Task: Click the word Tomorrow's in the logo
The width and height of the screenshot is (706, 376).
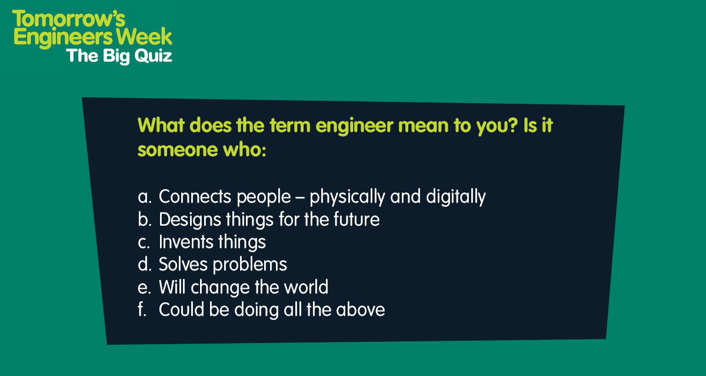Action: coord(69,19)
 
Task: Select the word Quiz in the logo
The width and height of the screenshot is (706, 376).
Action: coord(153,56)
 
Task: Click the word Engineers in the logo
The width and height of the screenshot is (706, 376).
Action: coord(63,37)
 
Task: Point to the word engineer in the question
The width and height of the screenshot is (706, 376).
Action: coord(355,126)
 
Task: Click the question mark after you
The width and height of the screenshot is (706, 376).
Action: coord(513,125)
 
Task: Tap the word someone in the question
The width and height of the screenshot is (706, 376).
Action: coord(178,150)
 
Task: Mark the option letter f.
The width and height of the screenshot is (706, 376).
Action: coord(142,309)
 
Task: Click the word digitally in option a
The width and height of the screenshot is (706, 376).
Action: coord(456,197)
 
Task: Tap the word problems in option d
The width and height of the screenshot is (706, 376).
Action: coord(250,265)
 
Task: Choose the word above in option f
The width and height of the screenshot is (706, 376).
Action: coord(360,309)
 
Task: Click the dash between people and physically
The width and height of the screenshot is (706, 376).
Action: coord(300,198)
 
